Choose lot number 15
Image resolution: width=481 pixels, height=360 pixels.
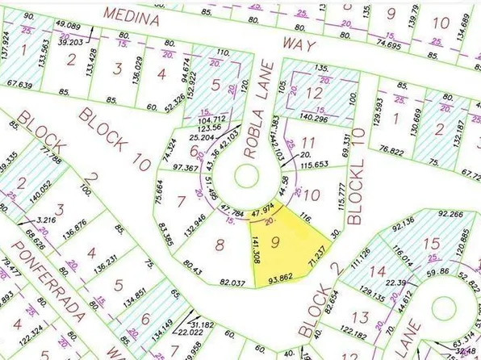(x=433, y=243)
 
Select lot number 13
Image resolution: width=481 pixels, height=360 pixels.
(x=360, y=318)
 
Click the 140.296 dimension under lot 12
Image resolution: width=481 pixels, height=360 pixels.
(x=314, y=119)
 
